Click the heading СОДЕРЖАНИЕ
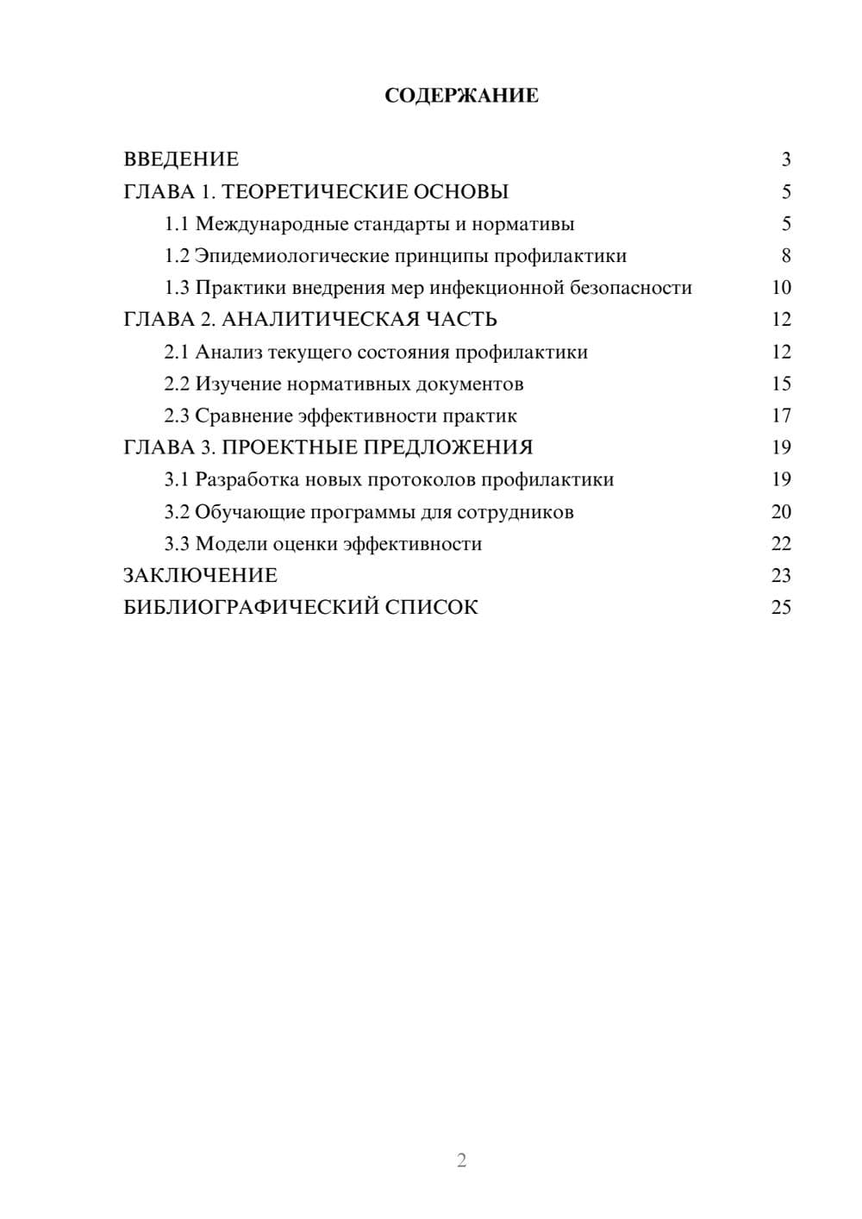click(x=461, y=96)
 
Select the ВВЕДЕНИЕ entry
click(x=181, y=159)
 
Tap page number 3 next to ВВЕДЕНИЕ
click(x=785, y=159)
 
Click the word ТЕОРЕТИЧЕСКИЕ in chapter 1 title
click(x=314, y=191)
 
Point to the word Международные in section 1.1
click(x=272, y=224)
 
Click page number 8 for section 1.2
click(x=785, y=256)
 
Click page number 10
click(x=781, y=288)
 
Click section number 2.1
click(x=177, y=352)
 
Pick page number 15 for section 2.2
click(x=781, y=384)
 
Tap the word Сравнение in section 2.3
click(x=244, y=416)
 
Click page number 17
click(x=781, y=416)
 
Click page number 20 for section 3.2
click(x=781, y=512)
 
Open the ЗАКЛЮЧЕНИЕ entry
click(x=200, y=576)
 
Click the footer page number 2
click(x=461, y=1160)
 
